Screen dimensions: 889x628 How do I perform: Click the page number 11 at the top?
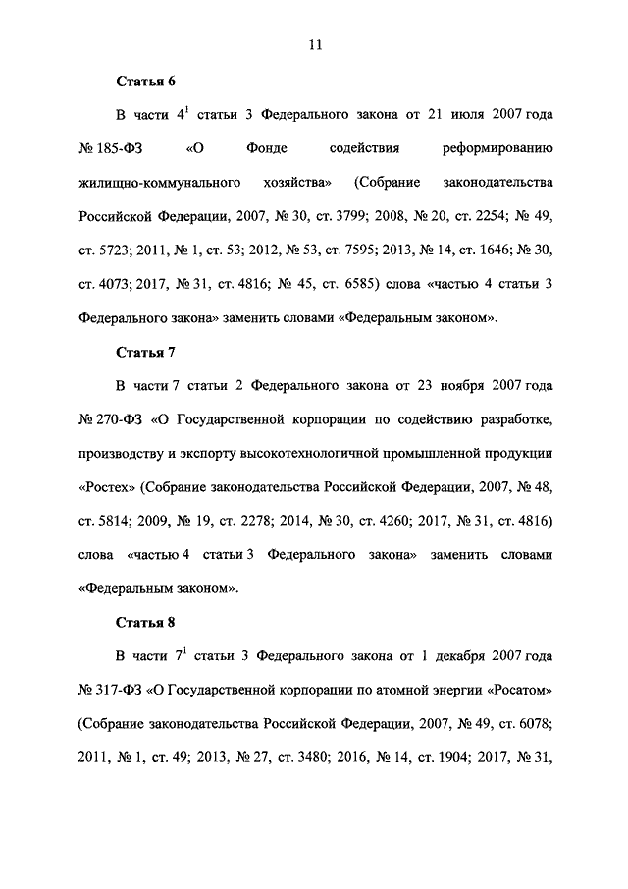(x=315, y=43)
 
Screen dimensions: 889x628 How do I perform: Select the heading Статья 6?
(x=146, y=82)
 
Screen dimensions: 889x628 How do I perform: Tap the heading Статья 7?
(x=146, y=352)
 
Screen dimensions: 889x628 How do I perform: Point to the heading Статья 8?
(x=146, y=622)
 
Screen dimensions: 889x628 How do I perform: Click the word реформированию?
(x=499, y=149)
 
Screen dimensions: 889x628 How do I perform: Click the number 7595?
(x=376, y=250)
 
